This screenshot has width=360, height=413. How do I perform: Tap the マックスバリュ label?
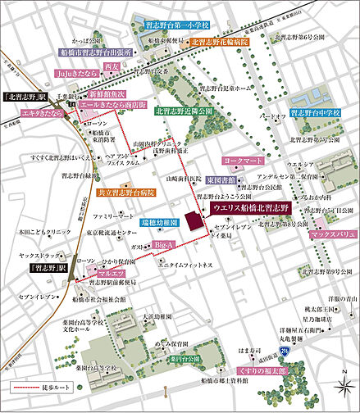tap(330, 234)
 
